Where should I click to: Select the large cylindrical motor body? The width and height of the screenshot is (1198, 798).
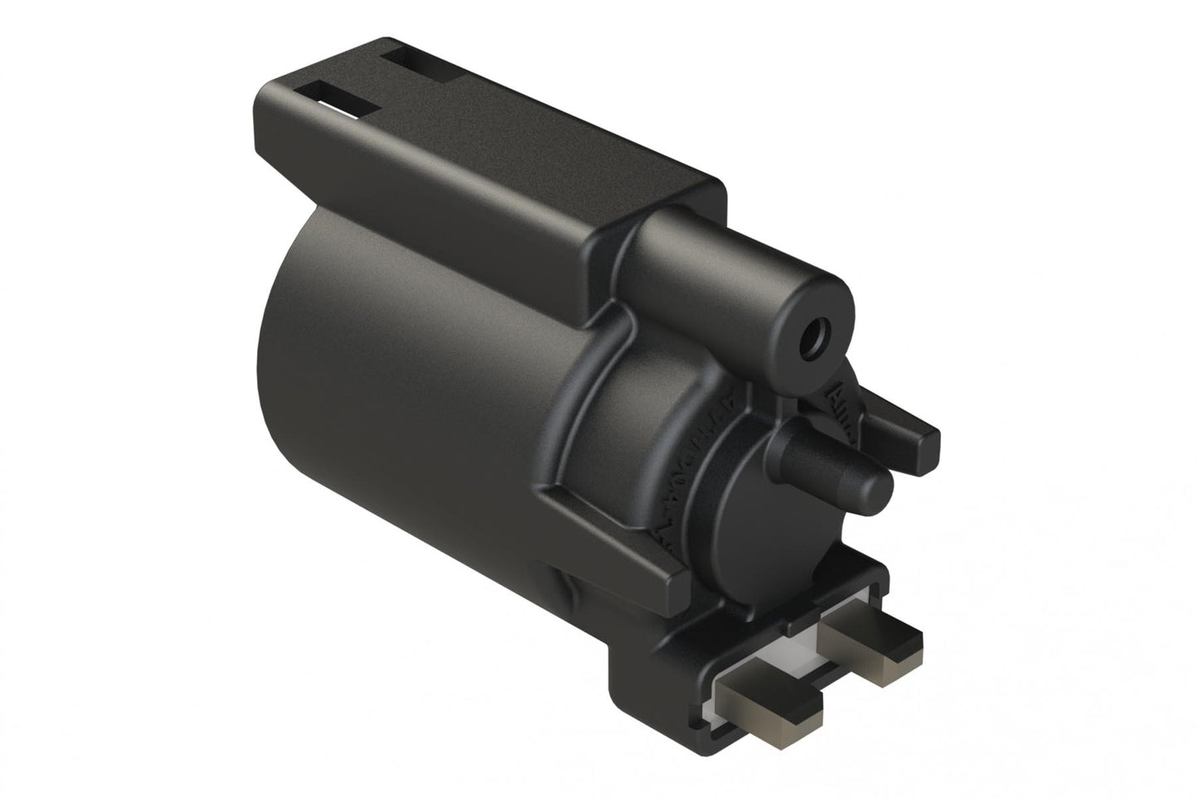[x=415, y=398]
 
